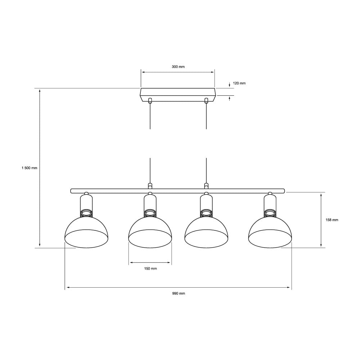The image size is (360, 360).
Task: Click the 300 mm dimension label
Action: pos(178,67)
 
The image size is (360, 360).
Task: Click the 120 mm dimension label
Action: pos(239,83)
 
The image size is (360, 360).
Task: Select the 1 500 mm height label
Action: pos(30,168)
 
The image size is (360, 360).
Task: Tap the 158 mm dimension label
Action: pos(331,220)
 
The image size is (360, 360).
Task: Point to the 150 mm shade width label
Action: pos(150,269)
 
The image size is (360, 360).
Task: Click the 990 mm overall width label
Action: pos(179,293)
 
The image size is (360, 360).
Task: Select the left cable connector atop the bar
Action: pos(150,186)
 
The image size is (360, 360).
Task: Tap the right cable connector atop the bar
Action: pos(206,186)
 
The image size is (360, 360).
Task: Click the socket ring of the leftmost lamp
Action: pos(86,213)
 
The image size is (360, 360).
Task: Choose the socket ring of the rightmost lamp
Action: pos(270,213)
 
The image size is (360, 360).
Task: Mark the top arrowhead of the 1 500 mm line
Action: pos(40,91)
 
